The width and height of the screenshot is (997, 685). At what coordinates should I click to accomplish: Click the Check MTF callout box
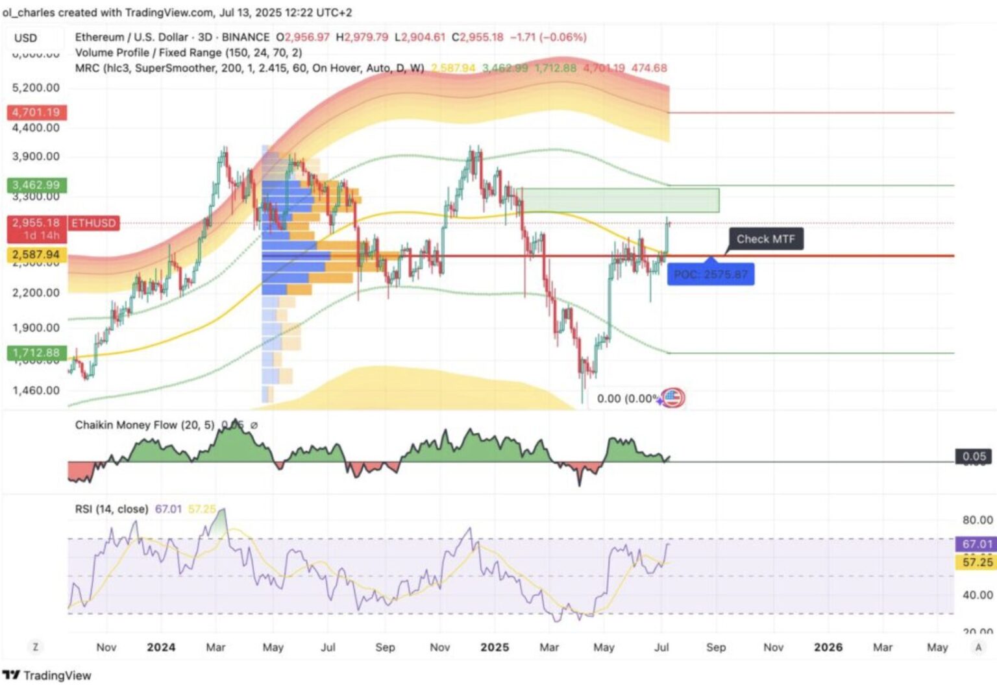pos(765,239)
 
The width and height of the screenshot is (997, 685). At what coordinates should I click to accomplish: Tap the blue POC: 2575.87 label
pos(711,274)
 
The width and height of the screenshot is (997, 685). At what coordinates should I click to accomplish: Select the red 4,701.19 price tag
pos(36,112)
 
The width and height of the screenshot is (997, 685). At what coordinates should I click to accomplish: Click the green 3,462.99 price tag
pos(36,185)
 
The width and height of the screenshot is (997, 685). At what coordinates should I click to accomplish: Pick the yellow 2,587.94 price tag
pos(36,255)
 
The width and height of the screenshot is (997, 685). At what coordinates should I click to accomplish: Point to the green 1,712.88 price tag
pos(36,353)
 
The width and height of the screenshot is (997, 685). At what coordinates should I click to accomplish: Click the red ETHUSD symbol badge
pos(93,223)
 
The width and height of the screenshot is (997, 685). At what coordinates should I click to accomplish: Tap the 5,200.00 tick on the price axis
pos(36,88)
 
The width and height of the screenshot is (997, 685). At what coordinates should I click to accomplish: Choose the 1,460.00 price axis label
pos(36,391)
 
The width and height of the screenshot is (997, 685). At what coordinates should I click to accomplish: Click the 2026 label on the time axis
pos(828,647)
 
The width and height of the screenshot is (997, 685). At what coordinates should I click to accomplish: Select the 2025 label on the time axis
pos(495,647)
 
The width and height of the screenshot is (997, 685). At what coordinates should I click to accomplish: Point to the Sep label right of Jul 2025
pos(716,647)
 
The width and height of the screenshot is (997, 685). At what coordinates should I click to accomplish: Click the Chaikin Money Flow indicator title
pos(144,425)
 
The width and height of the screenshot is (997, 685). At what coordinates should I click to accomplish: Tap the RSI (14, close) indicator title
pos(111,509)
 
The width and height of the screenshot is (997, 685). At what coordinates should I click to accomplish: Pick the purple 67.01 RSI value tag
pos(977,544)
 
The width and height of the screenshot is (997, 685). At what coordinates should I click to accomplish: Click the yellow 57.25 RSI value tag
pos(977,562)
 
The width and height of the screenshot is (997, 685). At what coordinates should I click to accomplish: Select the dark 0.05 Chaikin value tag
pos(974,457)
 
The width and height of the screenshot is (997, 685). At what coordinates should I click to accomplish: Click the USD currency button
pos(26,38)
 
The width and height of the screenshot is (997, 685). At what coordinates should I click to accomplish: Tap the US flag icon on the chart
pos(673,398)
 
